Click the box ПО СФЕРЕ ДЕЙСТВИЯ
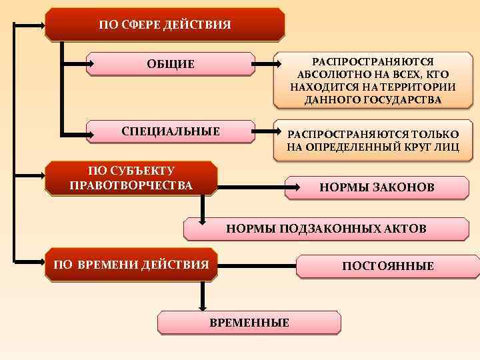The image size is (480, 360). coord(165,25)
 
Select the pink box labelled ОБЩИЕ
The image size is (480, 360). coord(171,64)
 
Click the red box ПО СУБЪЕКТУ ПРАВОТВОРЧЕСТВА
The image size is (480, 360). coord(131,178)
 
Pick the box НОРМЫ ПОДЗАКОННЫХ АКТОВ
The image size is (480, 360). coord(326,229)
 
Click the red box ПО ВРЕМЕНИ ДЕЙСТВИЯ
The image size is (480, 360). coord(131,265)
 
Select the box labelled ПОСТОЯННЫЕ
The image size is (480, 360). coord(387,266)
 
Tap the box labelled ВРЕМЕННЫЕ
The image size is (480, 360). coord(249,323)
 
